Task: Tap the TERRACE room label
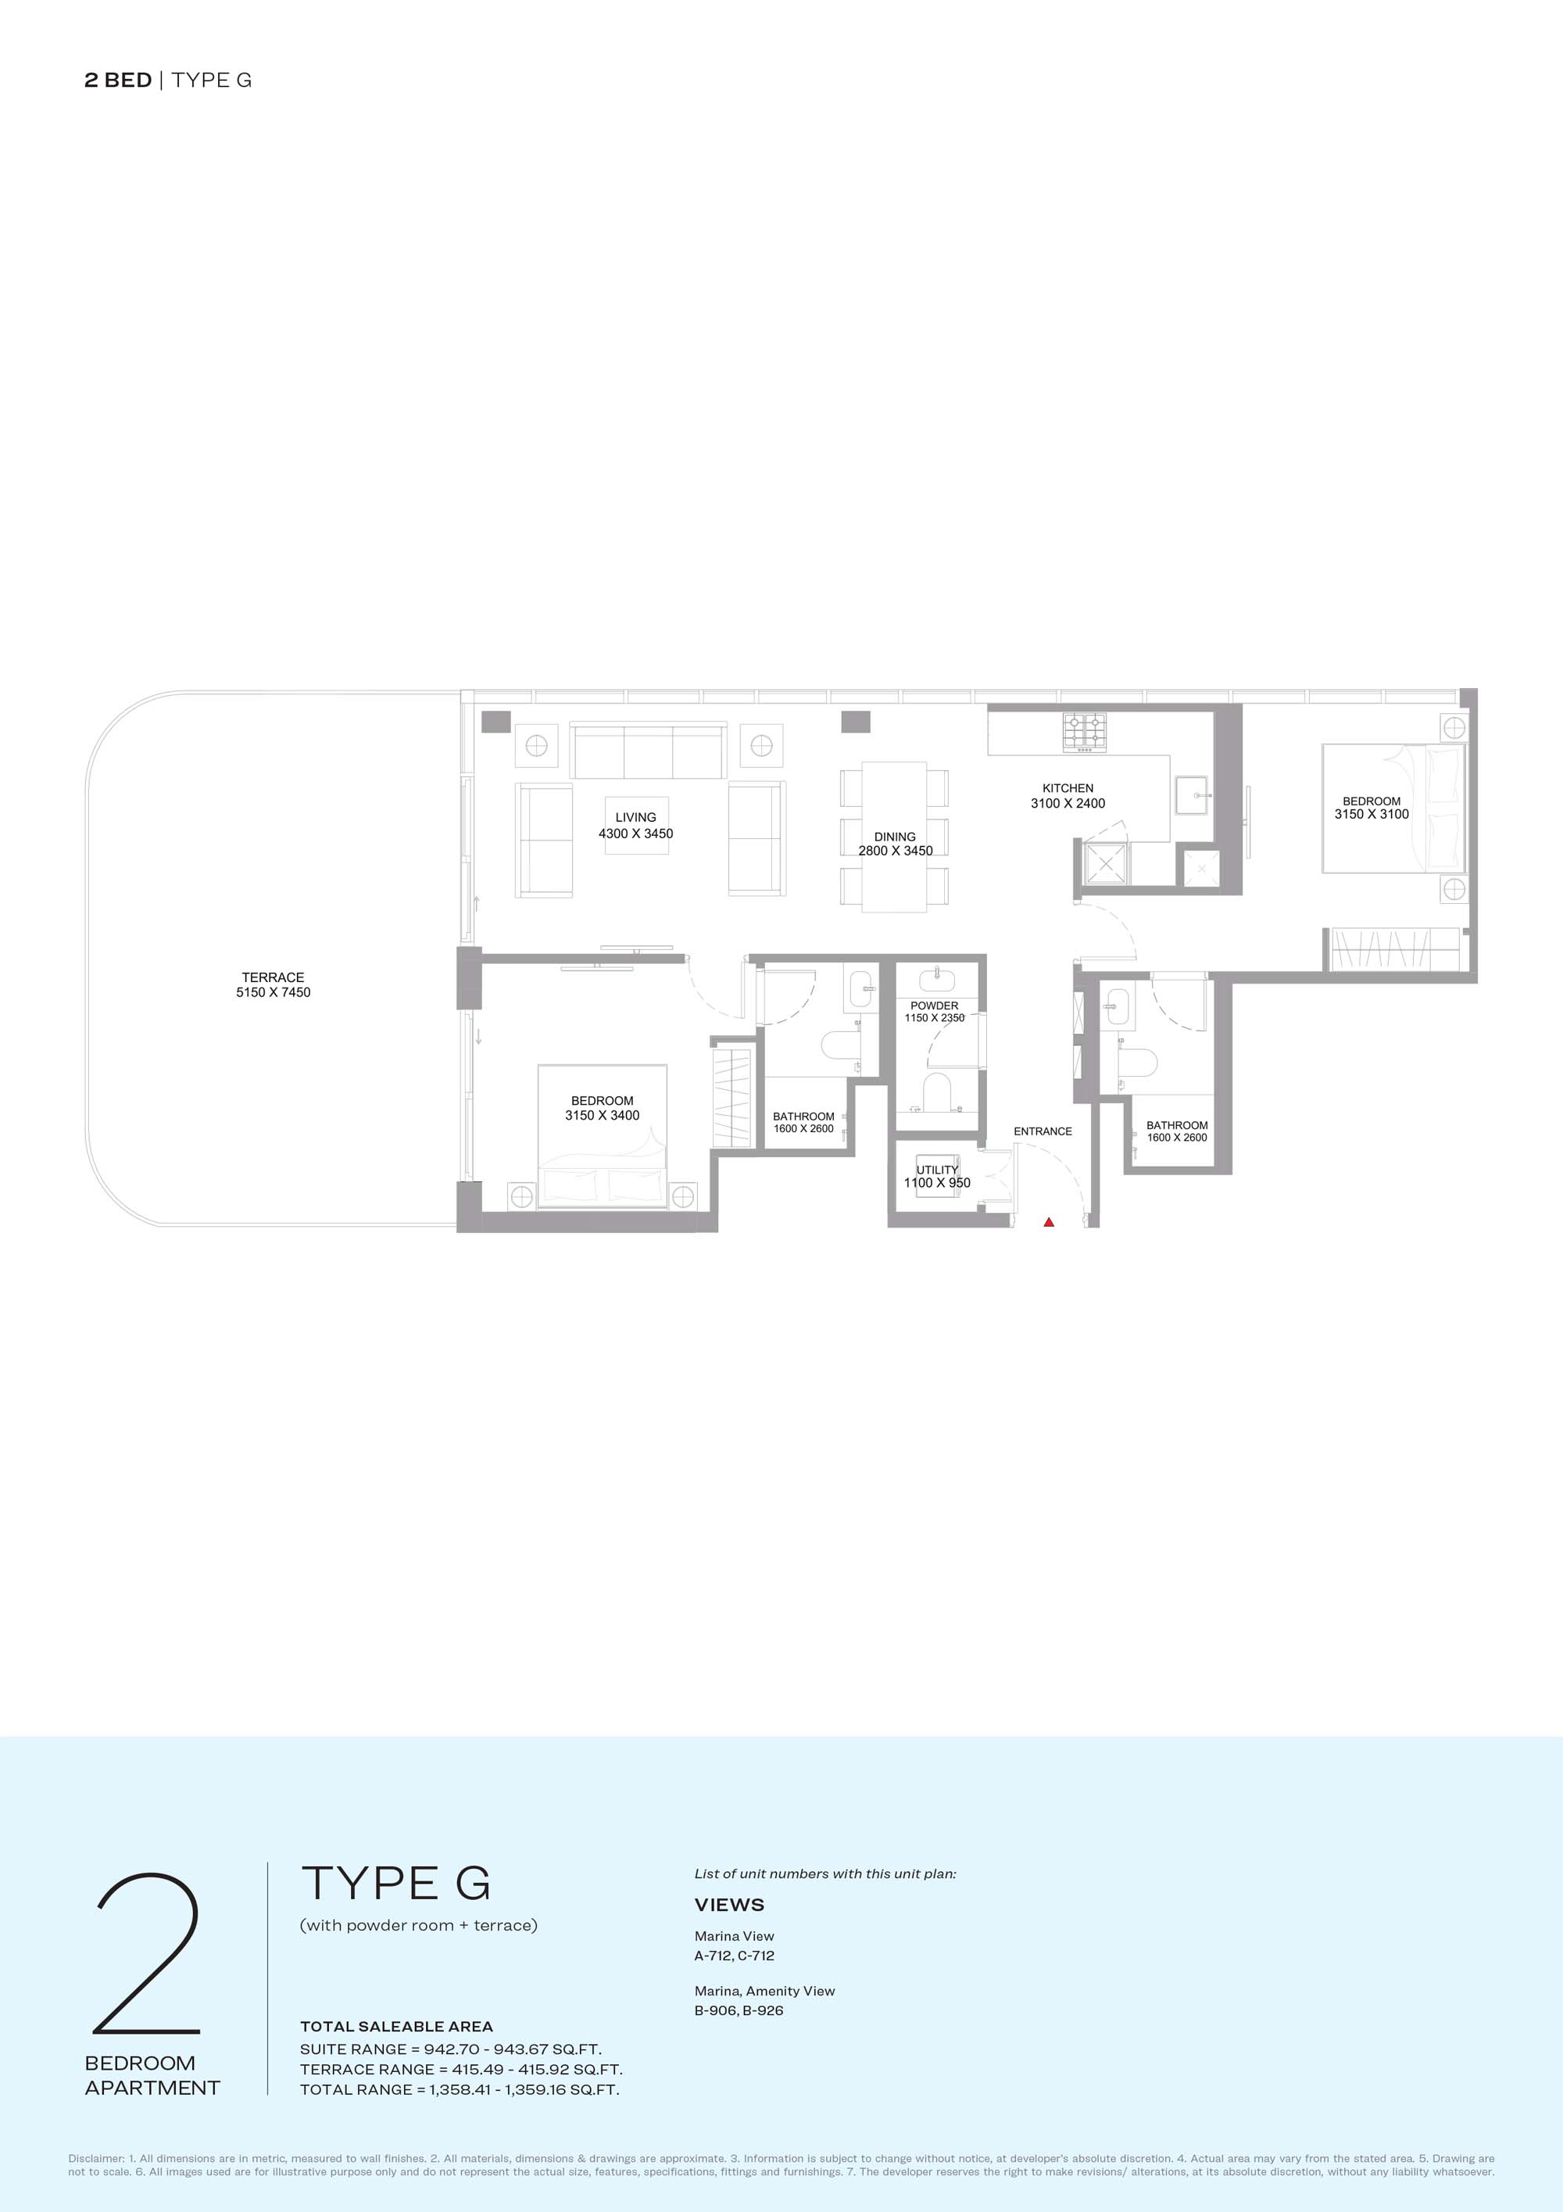(274, 977)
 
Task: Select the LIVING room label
(635, 817)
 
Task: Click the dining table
(895, 837)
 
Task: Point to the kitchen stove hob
(1086, 732)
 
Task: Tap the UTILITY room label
(937, 1170)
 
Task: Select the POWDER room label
(934, 1006)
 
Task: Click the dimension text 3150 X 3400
(602, 1116)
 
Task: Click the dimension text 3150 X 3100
(1372, 814)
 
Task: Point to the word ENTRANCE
(1043, 1131)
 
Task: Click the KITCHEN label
(1068, 788)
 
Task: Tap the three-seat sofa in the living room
(647, 751)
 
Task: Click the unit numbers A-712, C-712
(734, 1955)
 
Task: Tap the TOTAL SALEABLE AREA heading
(397, 2026)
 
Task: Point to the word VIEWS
(729, 1905)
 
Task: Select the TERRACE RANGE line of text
(461, 2068)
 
